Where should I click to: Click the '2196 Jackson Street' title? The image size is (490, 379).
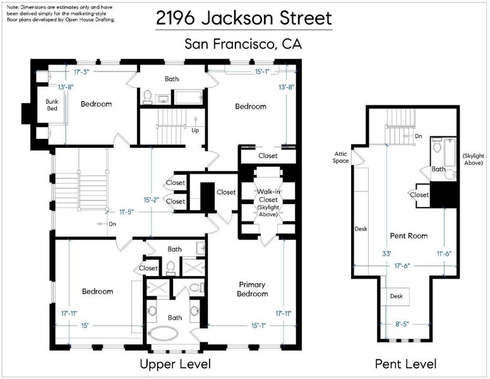pyautogui.click(x=244, y=18)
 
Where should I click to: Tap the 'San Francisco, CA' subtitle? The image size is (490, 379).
pyautogui.click(x=243, y=44)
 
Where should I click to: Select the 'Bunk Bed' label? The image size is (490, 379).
pyautogui.click(x=52, y=105)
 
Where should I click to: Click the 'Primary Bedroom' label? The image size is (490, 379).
pyautogui.click(x=252, y=289)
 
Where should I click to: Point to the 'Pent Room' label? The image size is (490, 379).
pyautogui.click(x=409, y=236)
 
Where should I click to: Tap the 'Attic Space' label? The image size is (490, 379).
pyautogui.click(x=340, y=157)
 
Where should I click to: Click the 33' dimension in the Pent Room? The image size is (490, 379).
pyautogui.click(x=386, y=253)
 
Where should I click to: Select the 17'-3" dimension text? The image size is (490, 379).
pyautogui.click(x=81, y=72)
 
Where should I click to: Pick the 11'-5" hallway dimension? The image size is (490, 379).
pyautogui.click(x=126, y=212)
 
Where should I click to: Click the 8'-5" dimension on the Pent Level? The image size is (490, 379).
pyautogui.click(x=402, y=324)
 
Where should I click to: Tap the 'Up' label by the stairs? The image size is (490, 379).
pyautogui.click(x=195, y=130)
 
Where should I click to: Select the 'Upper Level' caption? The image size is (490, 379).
pyautogui.click(x=176, y=364)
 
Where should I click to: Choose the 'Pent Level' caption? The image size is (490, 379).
pyautogui.click(x=405, y=364)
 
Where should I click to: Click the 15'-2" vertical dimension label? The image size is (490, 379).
pyautogui.click(x=152, y=200)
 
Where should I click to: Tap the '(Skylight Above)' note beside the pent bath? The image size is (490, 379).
pyautogui.click(x=474, y=159)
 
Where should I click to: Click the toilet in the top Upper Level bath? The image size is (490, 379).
pyautogui.click(x=147, y=97)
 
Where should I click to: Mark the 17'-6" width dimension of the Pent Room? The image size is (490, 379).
pyautogui.click(x=402, y=266)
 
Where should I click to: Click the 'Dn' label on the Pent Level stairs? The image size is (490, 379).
pyautogui.click(x=419, y=136)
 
